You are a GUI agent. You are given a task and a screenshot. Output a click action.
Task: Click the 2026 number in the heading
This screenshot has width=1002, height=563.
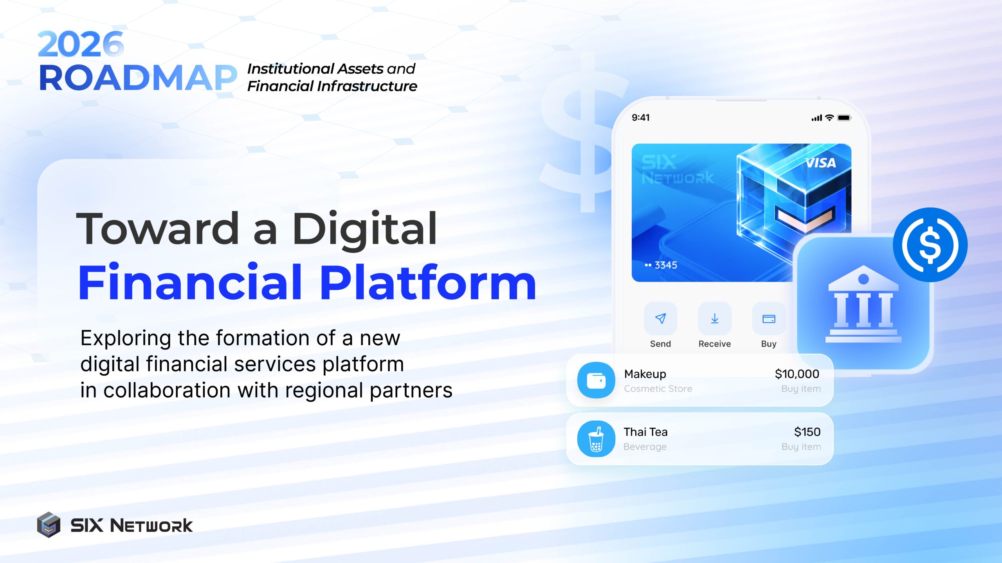(81, 44)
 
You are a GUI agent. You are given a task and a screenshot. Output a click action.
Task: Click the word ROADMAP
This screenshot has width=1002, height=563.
(138, 78)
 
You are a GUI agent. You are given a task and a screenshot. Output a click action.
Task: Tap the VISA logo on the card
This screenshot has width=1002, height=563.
(820, 163)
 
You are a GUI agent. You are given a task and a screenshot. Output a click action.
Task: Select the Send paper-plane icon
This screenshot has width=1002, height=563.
(660, 319)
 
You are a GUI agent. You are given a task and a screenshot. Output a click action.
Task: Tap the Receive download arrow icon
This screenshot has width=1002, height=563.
(714, 319)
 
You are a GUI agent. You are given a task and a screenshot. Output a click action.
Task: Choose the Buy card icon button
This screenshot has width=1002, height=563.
(768, 319)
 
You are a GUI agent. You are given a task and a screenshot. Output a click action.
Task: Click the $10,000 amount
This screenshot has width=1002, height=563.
(797, 374)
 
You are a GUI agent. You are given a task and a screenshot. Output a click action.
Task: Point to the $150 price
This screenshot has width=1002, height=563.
(807, 432)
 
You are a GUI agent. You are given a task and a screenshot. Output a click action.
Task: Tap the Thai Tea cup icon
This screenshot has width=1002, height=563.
(596, 439)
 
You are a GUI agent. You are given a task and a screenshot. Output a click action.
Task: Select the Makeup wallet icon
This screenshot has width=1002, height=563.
(596, 380)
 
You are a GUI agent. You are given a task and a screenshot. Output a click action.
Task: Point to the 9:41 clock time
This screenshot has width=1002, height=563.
(641, 118)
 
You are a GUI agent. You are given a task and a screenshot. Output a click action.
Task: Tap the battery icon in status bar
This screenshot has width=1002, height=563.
(844, 118)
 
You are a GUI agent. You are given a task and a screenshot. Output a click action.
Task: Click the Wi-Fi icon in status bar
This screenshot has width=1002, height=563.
(829, 118)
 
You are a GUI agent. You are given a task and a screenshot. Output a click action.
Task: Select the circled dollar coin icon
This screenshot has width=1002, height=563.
(930, 245)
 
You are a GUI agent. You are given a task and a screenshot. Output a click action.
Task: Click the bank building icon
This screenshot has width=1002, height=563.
(863, 305)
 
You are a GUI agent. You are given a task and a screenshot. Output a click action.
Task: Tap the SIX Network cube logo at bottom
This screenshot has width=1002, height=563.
(49, 525)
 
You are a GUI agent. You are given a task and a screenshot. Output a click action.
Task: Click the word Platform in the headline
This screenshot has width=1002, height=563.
(428, 283)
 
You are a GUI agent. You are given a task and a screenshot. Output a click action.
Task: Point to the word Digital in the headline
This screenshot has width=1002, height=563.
(365, 229)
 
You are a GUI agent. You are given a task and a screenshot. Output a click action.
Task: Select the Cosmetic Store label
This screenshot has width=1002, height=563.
(658, 389)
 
